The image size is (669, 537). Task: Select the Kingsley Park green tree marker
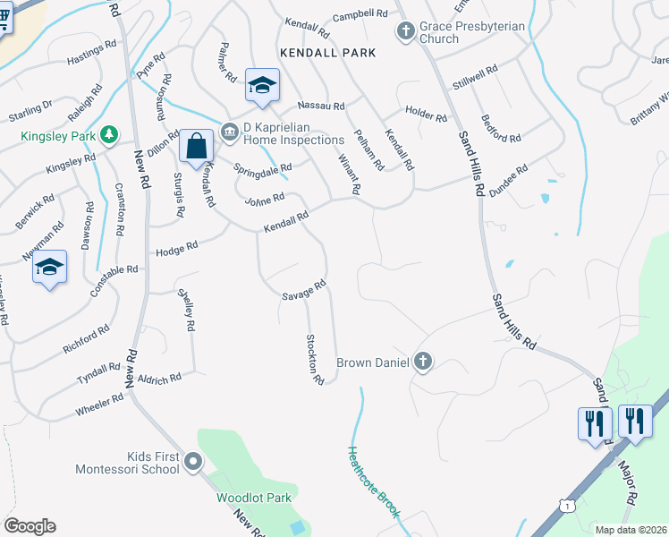pyautogui.click(x=109, y=134)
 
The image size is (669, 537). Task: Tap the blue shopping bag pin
pyautogui.click(x=196, y=147)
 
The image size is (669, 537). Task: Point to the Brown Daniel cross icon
pyautogui.click(x=423, y=362)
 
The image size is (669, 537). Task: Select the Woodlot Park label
pyautogui.click(x=254, y=497)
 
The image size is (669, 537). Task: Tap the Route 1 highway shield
pyautogui.click(x=567, y=506)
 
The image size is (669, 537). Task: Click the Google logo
pyautogui.click(x=30, y=526)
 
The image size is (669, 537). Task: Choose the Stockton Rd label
pyautogui.click(x=314, y=359)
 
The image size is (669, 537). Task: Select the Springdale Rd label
pyautogui.click(x=263, y=168)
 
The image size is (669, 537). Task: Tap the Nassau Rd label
pyautogui.click(x=326, y=106)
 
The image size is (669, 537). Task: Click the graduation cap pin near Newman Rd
pyautogui.click(x=50, y=268)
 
